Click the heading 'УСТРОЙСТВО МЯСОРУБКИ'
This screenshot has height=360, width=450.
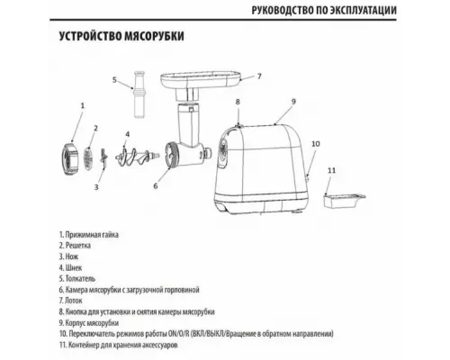(x=121, y=36)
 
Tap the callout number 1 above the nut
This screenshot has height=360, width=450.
(x=83, y=105)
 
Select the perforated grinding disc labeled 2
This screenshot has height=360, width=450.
(x=87, y=158)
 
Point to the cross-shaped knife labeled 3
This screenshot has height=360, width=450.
(x=103, y=159)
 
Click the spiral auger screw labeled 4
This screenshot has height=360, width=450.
(x=136, y=156)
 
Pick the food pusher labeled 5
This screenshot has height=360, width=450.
(x=139, y=94)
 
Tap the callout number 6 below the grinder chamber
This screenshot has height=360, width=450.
(x=156, y=186)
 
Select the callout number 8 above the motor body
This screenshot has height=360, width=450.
(x=238, y=102)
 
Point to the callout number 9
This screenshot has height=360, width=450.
(x=293, y=102)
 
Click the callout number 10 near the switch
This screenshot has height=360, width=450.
(x=316, y=144)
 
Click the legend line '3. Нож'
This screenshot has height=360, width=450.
(x=68, y=256)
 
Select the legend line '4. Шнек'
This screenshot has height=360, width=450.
(x=70, y=267)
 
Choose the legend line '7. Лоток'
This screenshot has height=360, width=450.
(x=70, y=301)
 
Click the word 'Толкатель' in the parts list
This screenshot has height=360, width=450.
(x=80, y=279)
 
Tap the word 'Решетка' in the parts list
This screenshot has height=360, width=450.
(x=78, y=246)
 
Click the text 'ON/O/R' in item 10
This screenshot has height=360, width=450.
(x=180, y=334)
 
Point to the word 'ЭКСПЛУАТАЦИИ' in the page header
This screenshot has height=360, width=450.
(x=363, y=10)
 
